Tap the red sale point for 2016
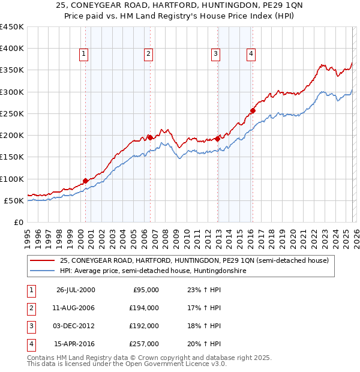[x=253, y=110]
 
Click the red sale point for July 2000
[x=86, y=181]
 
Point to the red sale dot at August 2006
[x=150, y=137]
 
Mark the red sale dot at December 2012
[x=217, y=139]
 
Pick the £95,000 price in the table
[x=146, y=290]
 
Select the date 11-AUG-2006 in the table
[x=76, y=308]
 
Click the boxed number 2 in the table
[x=31, y=308]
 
